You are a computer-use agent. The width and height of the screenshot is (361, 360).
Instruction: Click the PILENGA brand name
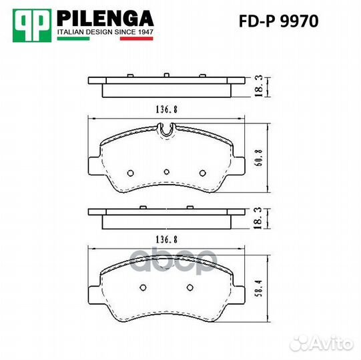[105, 17]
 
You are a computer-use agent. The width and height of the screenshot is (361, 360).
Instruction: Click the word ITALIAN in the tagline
[72, 31]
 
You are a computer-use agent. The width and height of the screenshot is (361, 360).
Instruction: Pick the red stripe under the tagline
[136, 39]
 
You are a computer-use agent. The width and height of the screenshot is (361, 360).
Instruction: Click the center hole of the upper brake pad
[166, 171]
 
